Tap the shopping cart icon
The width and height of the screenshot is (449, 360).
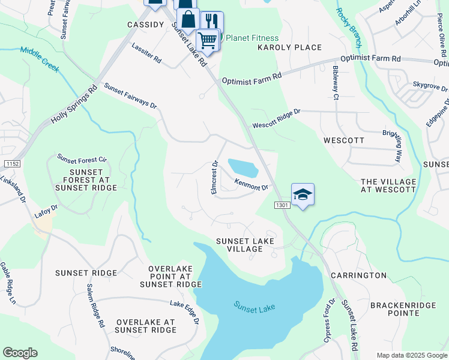coord(208,40)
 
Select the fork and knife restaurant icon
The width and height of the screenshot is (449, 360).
coord(211,22)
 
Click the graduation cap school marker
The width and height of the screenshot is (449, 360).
coord(303,194)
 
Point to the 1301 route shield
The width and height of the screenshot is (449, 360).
coord(283,205)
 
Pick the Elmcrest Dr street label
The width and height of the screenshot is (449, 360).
coord(214,176)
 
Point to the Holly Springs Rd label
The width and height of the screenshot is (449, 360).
coord(74,104)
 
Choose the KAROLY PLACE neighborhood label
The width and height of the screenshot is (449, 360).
coord(289,47)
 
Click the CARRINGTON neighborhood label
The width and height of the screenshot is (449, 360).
coord(358,275)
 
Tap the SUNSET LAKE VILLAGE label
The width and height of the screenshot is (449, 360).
coord(245,245)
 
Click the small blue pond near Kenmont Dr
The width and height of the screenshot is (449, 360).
coord(243,167)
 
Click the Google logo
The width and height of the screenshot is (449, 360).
coord(20,353)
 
